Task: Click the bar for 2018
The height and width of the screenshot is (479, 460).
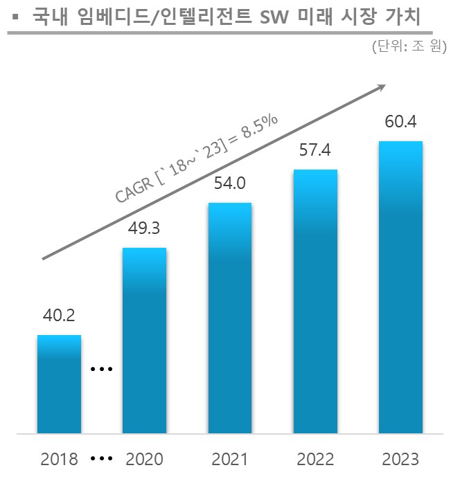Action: click(59, 384)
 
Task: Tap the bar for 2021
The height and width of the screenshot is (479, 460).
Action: click(230, 318)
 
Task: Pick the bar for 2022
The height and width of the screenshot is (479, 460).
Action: click(315, 302)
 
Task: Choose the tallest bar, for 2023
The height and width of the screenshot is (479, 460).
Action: click(400, 287)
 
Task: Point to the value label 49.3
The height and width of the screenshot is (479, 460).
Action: click(144, 228)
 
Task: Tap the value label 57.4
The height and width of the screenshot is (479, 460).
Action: click(315, 150)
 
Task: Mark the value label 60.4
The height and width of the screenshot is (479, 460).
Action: click(400, 123)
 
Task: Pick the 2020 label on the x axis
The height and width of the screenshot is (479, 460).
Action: click(144, 459)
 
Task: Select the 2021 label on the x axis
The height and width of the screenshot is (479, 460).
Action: click(230, 459)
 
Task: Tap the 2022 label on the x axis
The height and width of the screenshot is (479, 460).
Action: click(315, 459)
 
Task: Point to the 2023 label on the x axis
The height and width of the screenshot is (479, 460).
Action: click(400, 459)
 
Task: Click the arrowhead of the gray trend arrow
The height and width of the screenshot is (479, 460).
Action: click(380, 87)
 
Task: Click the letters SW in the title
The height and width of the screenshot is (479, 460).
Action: click(269, 16)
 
